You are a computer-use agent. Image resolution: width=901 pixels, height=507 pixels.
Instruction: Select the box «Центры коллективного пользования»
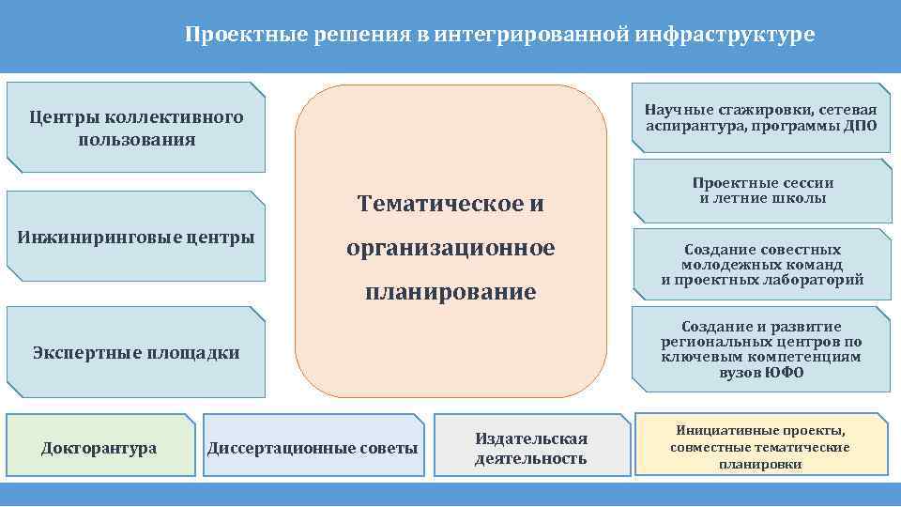click(136, 128)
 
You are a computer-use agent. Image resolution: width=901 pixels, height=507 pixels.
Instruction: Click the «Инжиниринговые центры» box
click(136, 237)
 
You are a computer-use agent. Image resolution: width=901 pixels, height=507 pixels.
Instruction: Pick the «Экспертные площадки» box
click(136, 353)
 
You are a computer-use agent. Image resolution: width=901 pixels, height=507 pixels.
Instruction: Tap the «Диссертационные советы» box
click(313, 448)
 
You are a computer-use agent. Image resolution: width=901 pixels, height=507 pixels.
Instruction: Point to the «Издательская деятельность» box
click(531, 448)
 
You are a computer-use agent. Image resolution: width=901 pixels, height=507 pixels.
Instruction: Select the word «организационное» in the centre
click(450, 248)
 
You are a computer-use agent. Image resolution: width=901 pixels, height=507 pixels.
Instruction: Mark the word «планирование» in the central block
click(450, 292)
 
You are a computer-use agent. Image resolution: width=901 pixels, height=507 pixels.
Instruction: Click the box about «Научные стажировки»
click(761, 119)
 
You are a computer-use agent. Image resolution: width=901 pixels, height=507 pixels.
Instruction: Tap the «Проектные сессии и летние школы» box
click(763, 191)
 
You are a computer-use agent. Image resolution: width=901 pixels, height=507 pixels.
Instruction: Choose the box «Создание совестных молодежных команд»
click(762, 265)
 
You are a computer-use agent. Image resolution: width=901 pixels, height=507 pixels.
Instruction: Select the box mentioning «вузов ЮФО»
click(761, 349)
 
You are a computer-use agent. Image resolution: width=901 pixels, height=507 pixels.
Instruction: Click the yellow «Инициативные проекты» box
click(761, 446)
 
